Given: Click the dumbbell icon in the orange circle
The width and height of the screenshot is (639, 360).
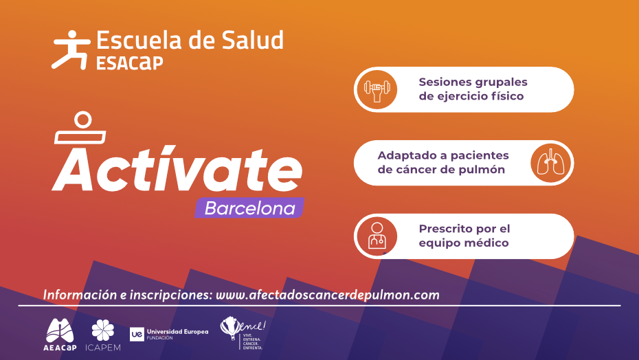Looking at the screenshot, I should point(377,89).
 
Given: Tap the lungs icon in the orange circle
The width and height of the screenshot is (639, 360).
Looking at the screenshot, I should point(551,164).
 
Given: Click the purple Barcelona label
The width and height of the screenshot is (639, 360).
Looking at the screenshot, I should point(250,208).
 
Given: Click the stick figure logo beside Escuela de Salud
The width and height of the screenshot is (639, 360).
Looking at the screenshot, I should point(70,49).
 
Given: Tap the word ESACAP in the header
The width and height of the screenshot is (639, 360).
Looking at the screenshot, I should point(130,63).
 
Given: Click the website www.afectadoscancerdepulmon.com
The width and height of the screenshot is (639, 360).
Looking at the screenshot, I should point(327,295).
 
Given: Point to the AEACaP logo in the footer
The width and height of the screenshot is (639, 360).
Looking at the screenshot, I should point(60,333).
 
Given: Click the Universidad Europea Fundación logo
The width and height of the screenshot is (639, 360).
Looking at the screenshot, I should point(169,334).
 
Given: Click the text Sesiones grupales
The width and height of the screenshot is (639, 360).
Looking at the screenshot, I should point(473,82).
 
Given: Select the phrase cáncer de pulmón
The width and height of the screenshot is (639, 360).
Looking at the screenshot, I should point(441,170).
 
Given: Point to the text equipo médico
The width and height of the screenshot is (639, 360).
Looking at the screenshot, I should point(464,243).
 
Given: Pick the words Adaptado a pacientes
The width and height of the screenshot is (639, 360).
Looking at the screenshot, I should point(443,155).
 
